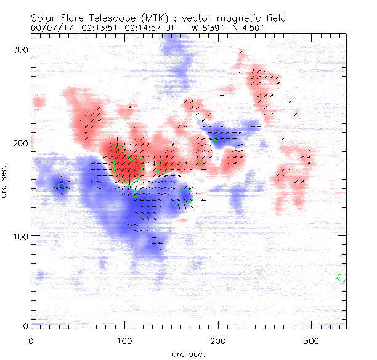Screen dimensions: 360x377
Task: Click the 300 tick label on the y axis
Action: pos(22,48)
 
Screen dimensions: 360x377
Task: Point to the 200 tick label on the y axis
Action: pos(22,142)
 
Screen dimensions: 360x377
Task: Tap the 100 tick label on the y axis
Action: pos(22,236)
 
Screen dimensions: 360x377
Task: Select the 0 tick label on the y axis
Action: pos(26,326)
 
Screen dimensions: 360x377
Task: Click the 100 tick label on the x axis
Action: pos(124,340)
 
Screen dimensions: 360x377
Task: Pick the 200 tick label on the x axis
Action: pos(218,340)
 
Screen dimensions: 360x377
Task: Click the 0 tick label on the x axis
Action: pos(31,340)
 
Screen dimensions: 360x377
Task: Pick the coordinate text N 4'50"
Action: pos(247,28)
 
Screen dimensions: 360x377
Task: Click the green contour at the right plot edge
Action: pos(342,278)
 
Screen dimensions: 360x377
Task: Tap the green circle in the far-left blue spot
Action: pos(62,186)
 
